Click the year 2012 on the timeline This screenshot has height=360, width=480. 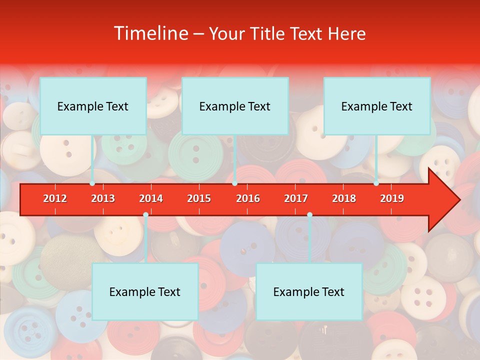pos(55,198)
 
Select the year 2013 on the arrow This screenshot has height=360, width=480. pos(103,198)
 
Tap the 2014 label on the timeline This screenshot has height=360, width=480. pos(151,198)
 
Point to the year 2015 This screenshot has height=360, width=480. pos(199,198)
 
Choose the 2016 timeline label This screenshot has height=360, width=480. pos(248,198)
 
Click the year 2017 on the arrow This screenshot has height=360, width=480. pos(296,198)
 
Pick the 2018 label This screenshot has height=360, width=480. pos(344,198)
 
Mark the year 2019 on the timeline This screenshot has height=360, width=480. pos(392,198)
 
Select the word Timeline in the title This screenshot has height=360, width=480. pos(149,33)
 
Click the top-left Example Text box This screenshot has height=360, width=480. pos(93,106)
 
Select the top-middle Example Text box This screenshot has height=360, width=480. pos(235,106)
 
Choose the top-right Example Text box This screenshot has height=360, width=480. pos(377,106)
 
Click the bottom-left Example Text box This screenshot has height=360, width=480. pos(145,291)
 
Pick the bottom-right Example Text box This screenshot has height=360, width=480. pos(309,291)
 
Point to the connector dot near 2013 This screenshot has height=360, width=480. pos(92,183)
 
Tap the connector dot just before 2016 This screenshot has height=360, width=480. pos(234,183)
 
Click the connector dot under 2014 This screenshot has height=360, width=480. pos(145,215)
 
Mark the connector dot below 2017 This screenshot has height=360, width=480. pos(309,215)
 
